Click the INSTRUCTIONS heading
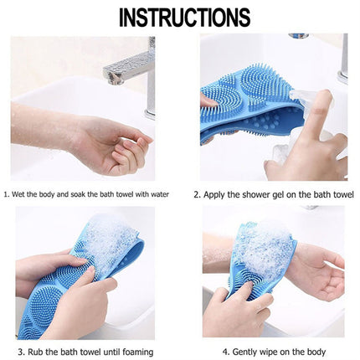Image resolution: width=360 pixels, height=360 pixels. coord(179,17)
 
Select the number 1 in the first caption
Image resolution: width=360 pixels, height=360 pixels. coord(6,194)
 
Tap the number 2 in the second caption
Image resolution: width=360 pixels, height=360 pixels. coord(198,194)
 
